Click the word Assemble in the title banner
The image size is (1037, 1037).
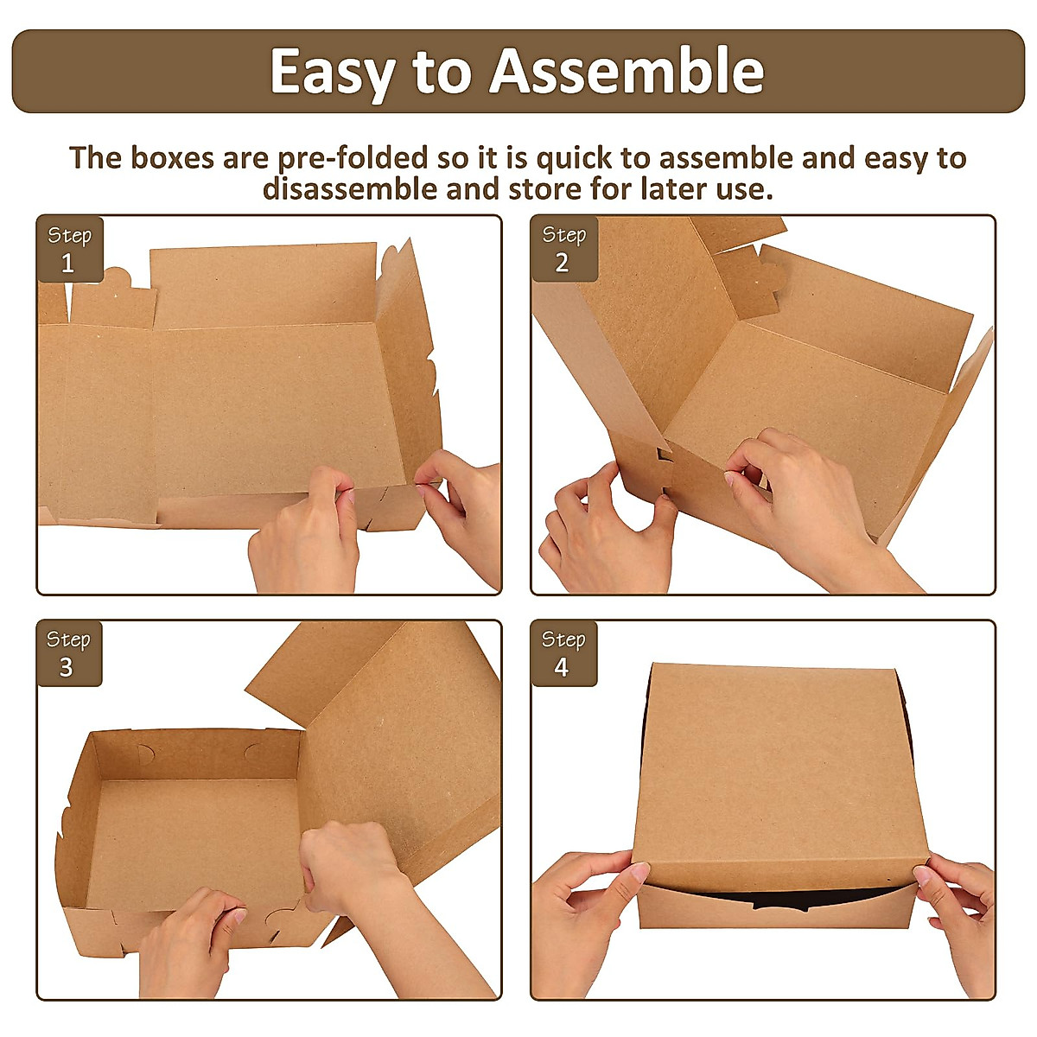coord(628,72)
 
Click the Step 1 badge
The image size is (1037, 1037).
coord(69,249)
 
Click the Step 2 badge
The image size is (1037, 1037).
coord(563,249)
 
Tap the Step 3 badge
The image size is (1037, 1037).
coord(69,653)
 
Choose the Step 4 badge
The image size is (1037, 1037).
coord(563,653)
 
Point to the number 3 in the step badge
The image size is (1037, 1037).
coord(67,668)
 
